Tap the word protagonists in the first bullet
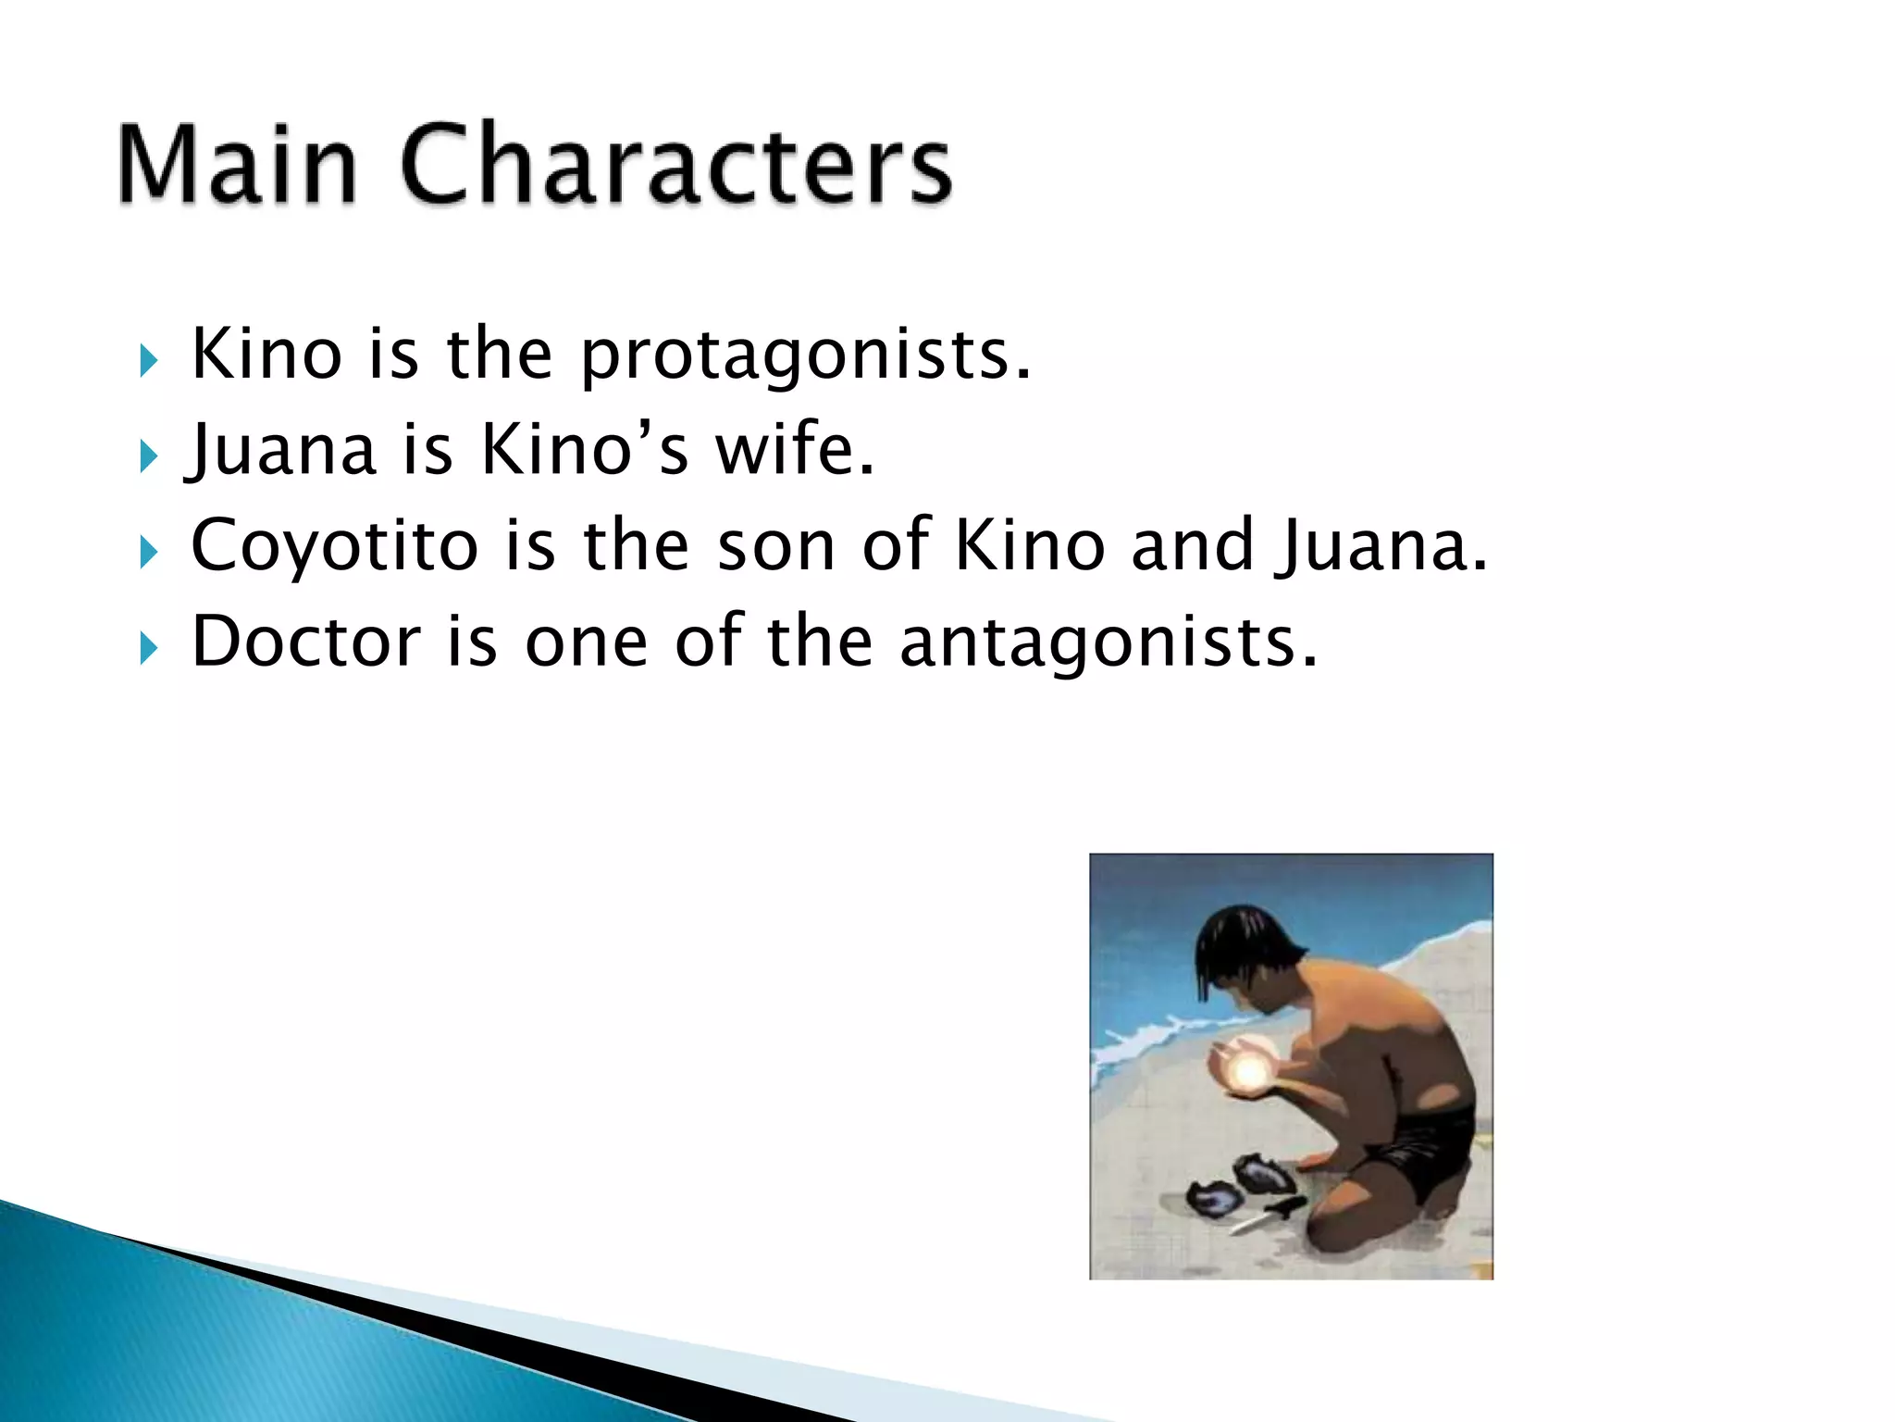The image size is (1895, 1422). click(x=805, y=355)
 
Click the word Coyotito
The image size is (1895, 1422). click(x=334, y=546)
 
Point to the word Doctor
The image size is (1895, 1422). click(x=306, y=642)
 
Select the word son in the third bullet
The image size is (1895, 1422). click(x=776, y=547)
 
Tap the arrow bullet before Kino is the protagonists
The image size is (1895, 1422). click(x=149, y=360)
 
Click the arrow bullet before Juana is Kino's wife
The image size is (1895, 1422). click(x=149, y=455)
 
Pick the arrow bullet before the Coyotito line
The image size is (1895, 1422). click(x=149, y=553)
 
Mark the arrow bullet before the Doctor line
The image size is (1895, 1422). click(x=149, y=648)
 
